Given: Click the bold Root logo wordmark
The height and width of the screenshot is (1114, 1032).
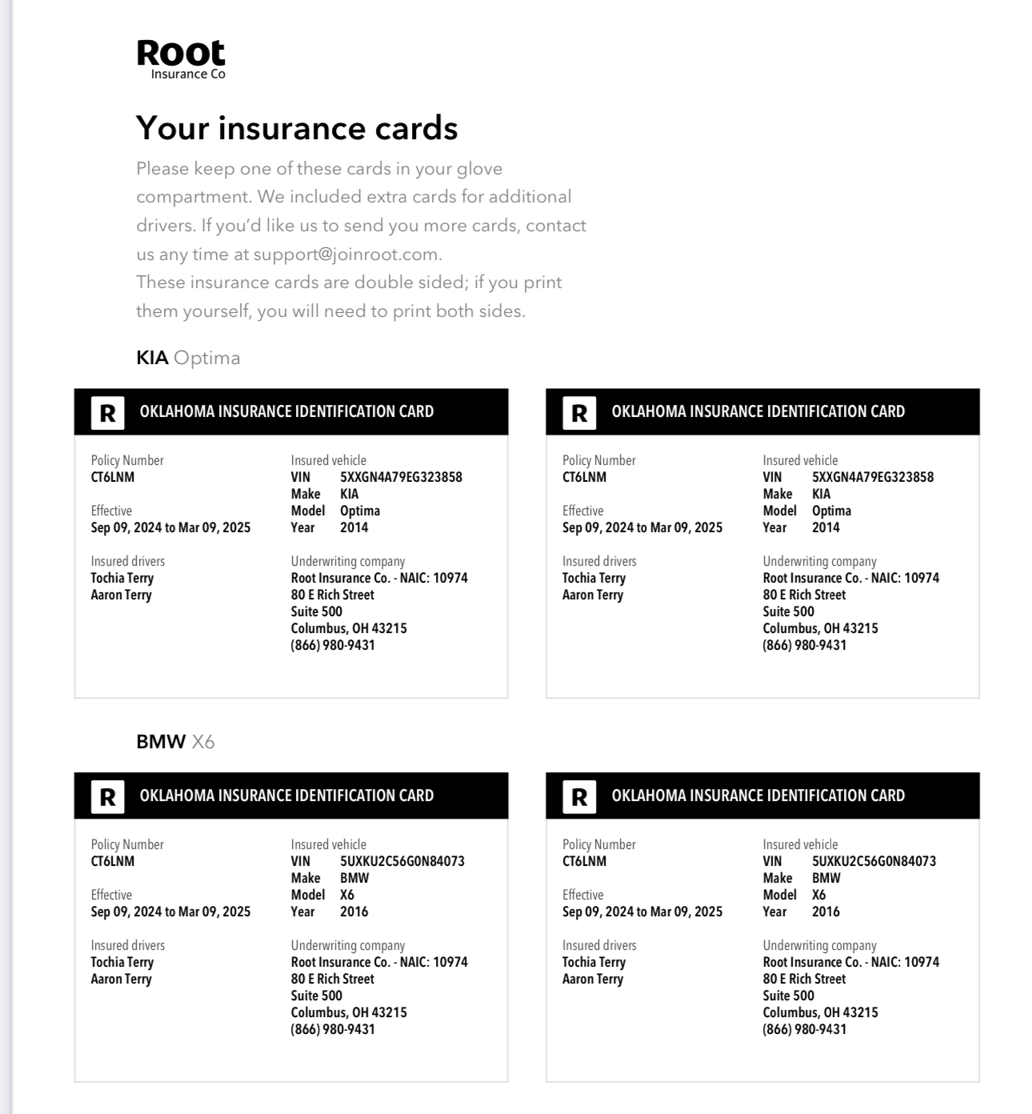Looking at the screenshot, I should [181, 53].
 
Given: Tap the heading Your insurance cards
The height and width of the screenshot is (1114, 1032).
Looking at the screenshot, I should [297, 128].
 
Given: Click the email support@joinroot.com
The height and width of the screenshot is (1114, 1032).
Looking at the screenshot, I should [346, 254].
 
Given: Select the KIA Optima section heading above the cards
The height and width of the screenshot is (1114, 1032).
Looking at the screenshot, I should [188, 358].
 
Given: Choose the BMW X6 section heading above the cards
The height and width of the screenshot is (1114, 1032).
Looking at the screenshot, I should [175, 742].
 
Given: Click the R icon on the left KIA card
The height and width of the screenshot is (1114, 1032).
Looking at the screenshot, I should [107, 413].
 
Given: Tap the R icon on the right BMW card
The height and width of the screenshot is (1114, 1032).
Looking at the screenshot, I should [579, 797].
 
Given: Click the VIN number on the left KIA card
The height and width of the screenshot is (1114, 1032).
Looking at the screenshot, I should [401, 477].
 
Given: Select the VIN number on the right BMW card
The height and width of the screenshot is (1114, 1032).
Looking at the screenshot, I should [874, 861].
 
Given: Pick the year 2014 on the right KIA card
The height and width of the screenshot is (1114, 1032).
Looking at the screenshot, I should [826, 527].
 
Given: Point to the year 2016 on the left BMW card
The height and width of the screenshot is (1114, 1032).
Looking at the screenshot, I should [354, 912].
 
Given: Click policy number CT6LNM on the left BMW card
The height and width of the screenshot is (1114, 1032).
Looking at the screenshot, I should [113, 861].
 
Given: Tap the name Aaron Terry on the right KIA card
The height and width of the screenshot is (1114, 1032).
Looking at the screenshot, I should [592, 595].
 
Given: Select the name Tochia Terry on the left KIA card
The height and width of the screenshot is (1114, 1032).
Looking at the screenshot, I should [122, 578].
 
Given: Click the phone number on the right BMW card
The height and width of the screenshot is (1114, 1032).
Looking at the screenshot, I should [804, 1029].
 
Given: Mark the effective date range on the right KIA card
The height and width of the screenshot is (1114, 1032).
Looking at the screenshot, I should [642, 527].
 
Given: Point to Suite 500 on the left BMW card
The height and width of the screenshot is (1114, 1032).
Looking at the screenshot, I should [316, 996].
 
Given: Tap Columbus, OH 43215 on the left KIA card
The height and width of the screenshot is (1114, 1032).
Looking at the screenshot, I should [349, 628].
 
